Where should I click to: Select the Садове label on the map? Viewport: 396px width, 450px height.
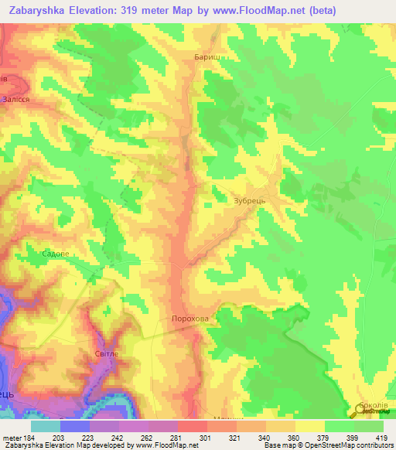56,253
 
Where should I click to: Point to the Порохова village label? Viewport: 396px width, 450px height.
189,319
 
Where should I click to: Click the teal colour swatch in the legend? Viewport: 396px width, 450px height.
46,426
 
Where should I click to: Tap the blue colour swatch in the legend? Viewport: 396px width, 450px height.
75,426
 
